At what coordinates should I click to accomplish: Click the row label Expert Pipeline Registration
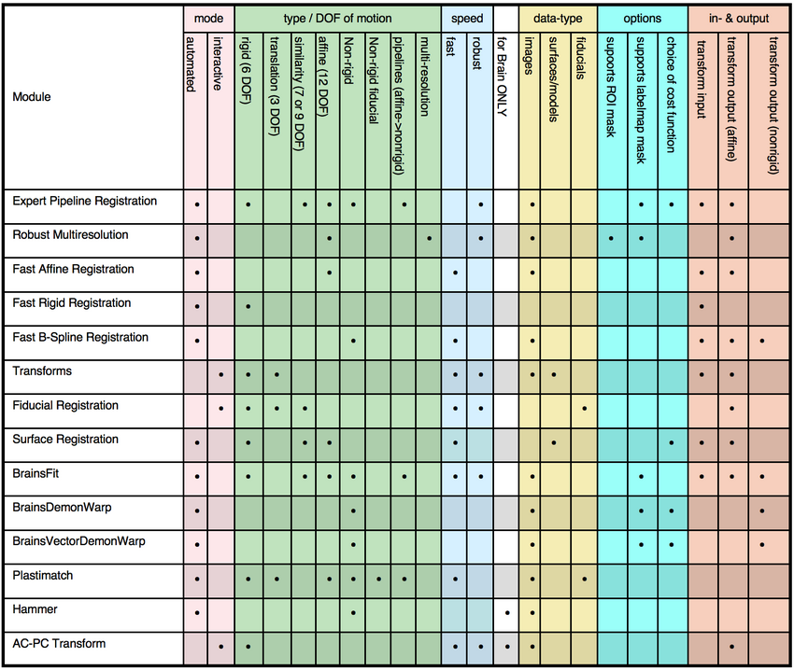tap(85, 202)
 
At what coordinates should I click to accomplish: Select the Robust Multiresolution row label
tap(71, 235)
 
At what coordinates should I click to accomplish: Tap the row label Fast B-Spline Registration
tap(80, 338)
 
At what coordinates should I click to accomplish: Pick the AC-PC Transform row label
tap(59, 644)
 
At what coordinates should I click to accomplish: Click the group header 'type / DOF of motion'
tap(337, 19)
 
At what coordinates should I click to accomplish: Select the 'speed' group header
tap(467, 19)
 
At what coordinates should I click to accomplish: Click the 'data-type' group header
tap(558, 19)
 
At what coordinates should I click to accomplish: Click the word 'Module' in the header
tap(32, 97)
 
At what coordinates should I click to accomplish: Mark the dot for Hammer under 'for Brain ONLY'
tap(506, 613)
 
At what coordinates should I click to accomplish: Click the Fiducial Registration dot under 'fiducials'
tap(584, 409)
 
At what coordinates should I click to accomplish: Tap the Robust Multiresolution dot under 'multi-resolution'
tap(428, 238)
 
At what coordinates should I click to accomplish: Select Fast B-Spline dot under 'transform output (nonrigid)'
tap(763, 341)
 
